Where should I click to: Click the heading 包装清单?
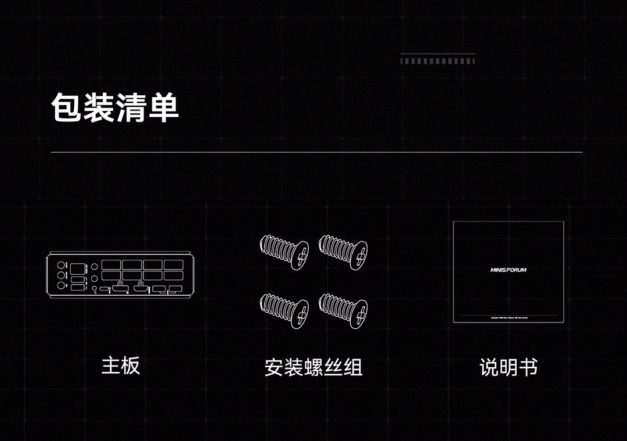[115, 107]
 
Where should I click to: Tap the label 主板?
[121, 366]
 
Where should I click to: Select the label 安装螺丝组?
[313, 367]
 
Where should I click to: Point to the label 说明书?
[509, 367]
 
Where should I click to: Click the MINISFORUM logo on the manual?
[508, 270]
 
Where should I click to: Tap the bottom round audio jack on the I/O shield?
[62, 287]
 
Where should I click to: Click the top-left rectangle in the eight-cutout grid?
[111, 264]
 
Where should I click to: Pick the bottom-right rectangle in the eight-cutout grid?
[173, 276]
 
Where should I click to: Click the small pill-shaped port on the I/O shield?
[105, 289]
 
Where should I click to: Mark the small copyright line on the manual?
[508, 318]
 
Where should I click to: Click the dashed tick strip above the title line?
[438, 61]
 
